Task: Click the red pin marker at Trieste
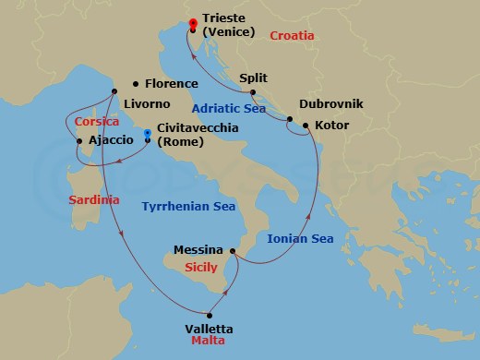(193, 24)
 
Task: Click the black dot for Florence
(136, 82)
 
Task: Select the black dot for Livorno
(114, 91)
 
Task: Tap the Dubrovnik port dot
(290, 119)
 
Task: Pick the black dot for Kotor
(306, 124)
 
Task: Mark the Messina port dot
(233, 250)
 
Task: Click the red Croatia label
(293, 35)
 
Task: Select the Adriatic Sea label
(229, 108)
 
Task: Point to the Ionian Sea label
(300, 238)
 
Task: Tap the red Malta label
(208, 342)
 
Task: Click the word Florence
(172, 82)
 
